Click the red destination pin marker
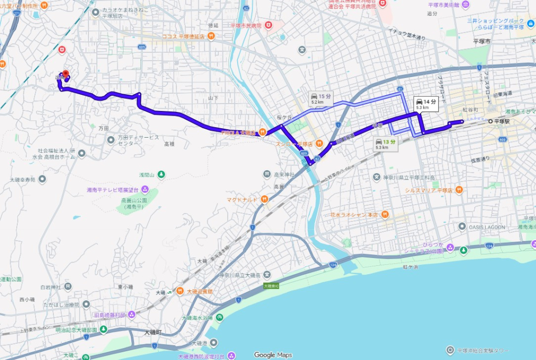[x=65, y=74]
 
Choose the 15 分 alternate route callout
[x=320, y=98]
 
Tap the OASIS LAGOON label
[x=487, y=227]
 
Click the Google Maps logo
[x=273, y=355]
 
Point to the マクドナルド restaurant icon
[x=264, y=199]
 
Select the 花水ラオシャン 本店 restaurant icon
[x=385, y=214]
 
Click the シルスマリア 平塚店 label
[x=429, y=190]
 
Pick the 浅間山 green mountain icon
[x=162, y=174]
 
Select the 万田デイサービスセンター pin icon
[x=111, y=140]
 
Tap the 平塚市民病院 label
[x=245, y=25]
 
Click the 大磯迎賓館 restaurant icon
[x=180, y=291]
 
